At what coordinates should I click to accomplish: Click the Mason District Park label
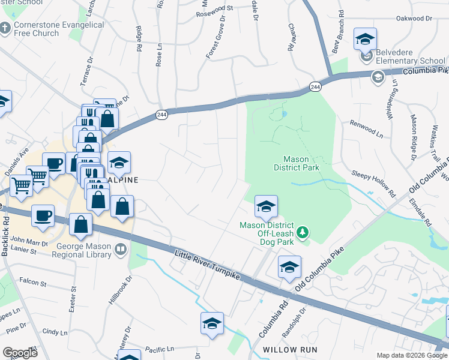coord(301,163)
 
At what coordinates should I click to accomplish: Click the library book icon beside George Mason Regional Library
coord(121,248)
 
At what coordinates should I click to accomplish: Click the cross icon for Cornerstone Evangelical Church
coord(5,28)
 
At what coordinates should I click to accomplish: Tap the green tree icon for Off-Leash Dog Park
coord(303,231)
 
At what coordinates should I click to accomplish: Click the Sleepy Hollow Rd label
coord(375,182)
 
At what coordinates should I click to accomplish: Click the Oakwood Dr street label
coord(414,19)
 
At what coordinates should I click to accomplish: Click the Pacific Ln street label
coord(159,348)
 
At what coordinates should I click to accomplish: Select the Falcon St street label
coord(32,281)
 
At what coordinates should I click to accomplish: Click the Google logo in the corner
coord(20,353)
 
